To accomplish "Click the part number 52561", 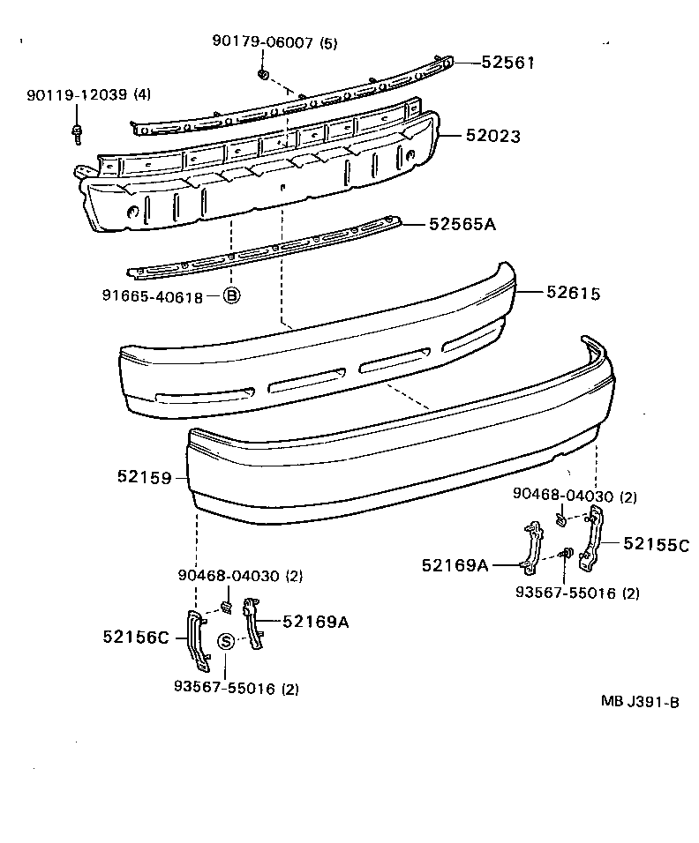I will click(509, 62).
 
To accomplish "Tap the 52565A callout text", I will click(462, 224).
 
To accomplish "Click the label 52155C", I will click(656, 543).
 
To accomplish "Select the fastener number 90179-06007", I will click(262, 42).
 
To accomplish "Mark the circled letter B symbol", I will click(230, 296).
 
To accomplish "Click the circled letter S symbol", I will click(226, 641).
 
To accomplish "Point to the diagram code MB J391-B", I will click(639, 702).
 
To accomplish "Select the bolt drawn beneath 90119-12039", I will click(76, 133).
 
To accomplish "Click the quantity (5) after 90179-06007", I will click(328, 42).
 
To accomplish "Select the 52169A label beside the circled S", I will click(315, 622).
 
